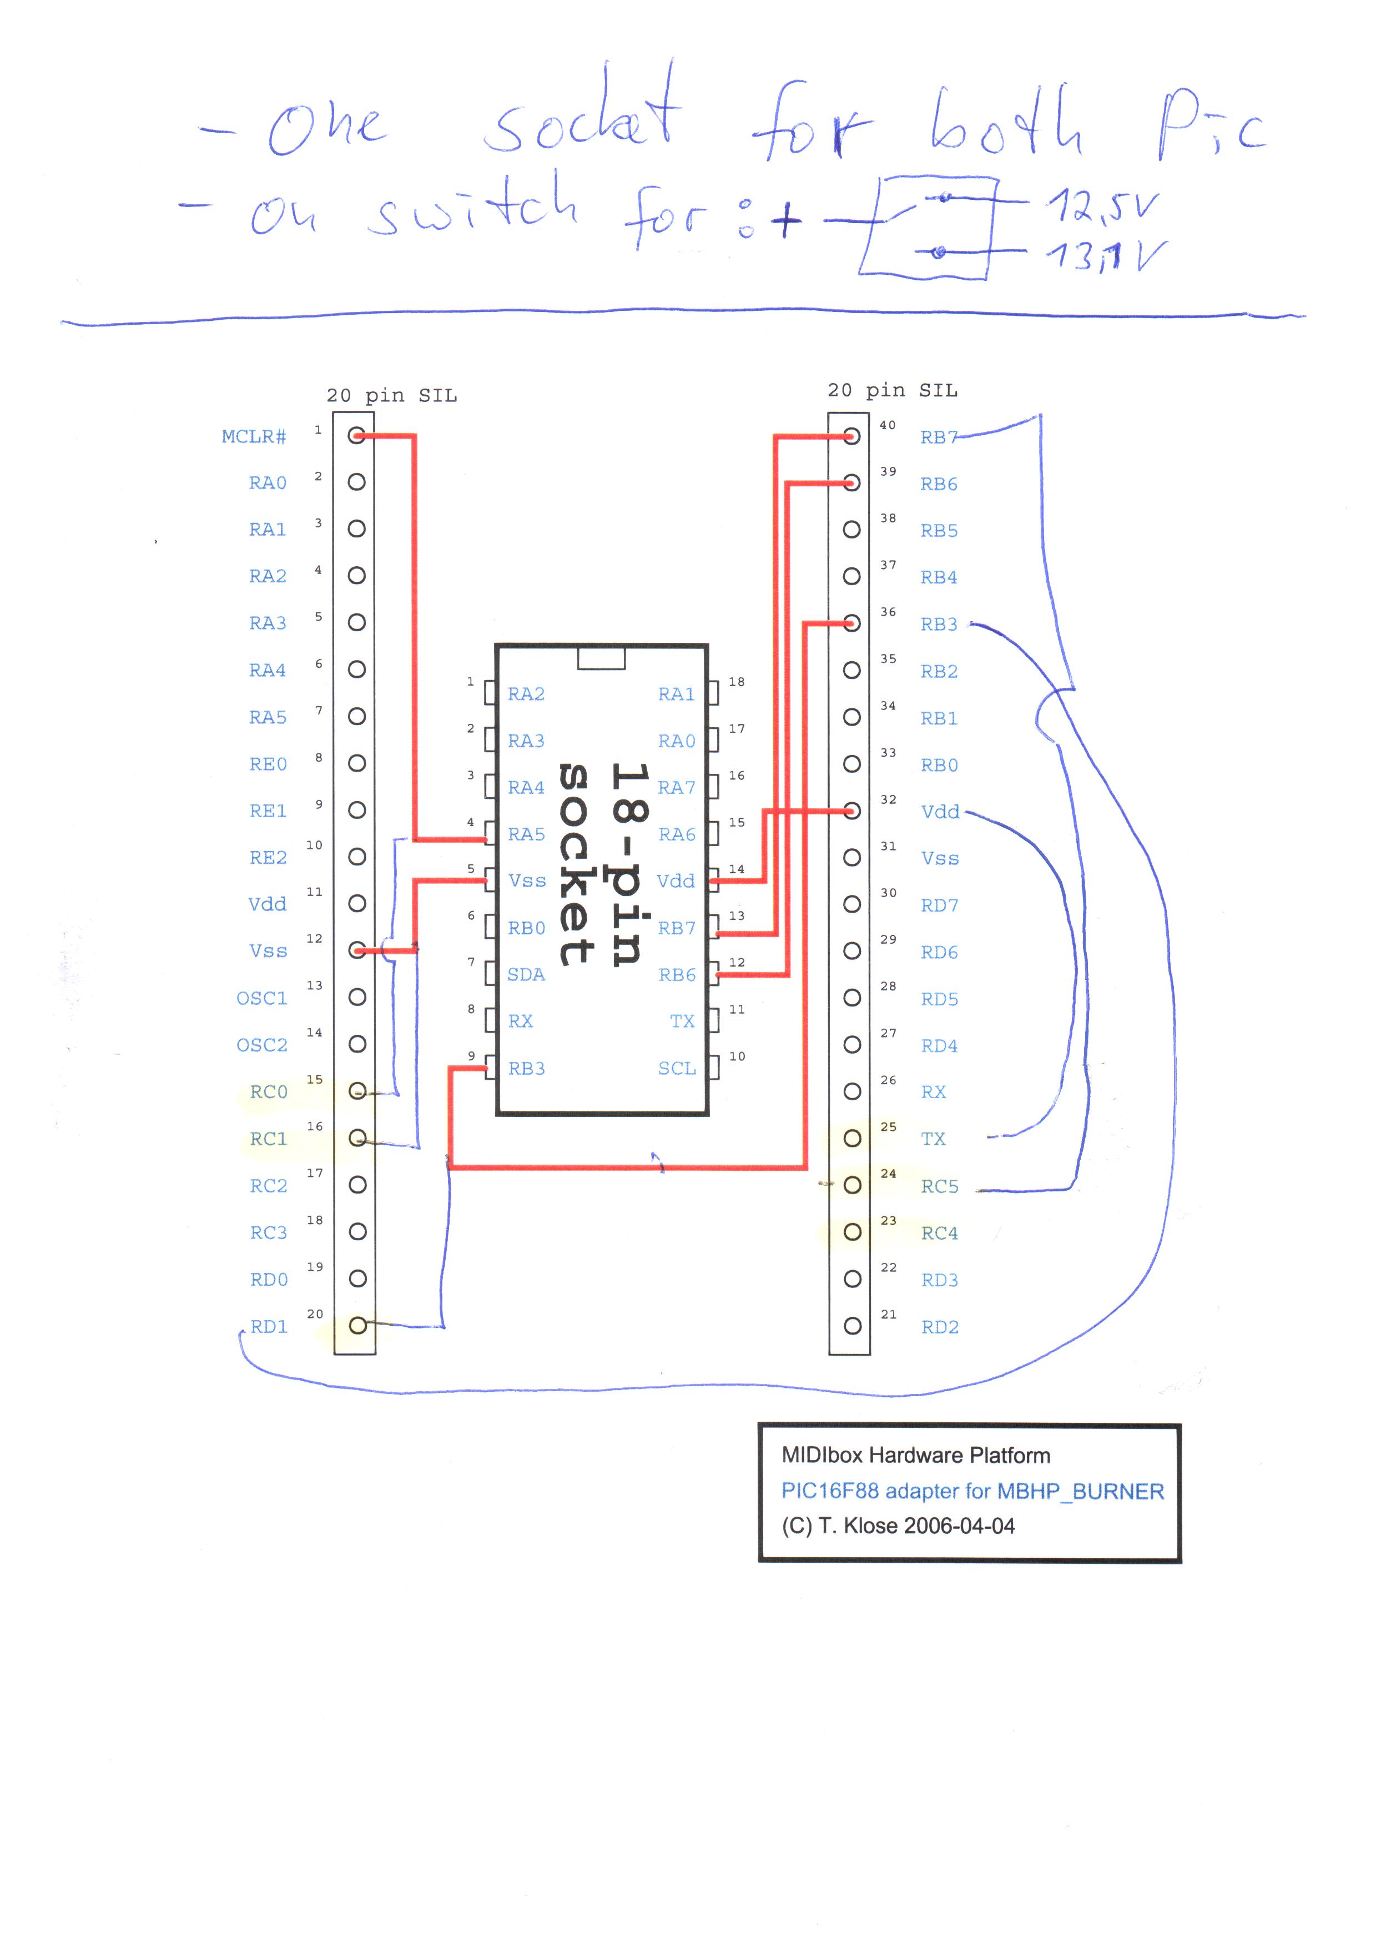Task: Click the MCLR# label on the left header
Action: coord(254,436)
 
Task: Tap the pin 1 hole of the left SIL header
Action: coord(357,436)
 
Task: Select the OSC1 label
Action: coord(262,998)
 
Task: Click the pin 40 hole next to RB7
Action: coord(851,436)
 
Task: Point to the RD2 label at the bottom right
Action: coord(940,1327)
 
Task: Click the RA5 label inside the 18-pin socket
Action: coord(526,834)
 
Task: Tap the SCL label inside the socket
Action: coord(677,1068)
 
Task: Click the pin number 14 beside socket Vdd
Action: coord(737,869)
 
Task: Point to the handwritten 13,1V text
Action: coord(1106,255)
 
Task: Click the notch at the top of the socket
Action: coord(601,657)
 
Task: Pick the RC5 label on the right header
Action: coord(940,1186)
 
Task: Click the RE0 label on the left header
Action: coord(268,763)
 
